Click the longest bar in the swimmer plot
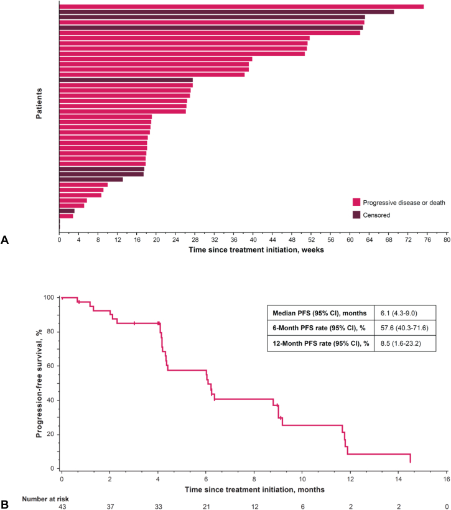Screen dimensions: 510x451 tap(241, 7)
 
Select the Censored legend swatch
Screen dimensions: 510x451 tap(356, 215)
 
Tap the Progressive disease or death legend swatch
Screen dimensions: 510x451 tap(356, 202)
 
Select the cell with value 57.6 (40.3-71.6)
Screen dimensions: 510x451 tap(403, 327)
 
